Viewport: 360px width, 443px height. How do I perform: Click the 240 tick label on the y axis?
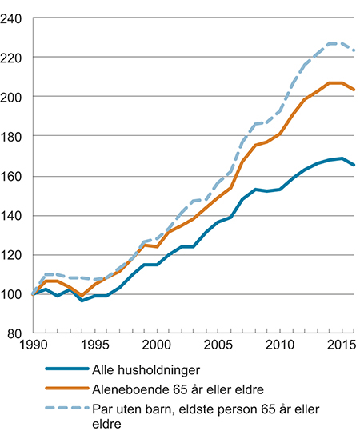pos(14,18)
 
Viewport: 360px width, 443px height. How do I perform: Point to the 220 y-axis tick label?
pos(14,58)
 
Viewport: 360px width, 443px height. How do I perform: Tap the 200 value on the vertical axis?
pos(14,97)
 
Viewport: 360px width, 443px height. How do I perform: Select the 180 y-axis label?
pos(14,137)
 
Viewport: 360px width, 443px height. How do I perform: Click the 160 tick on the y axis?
pos(14,176)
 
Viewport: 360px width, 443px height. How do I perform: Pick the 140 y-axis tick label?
pos(14,216)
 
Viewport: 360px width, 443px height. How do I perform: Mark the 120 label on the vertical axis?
pos(14,255)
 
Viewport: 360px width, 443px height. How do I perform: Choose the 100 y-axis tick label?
pos(14,295)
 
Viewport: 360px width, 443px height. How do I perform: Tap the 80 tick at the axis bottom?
pos(17,334)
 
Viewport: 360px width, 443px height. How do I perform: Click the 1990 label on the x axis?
pos(32,348)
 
